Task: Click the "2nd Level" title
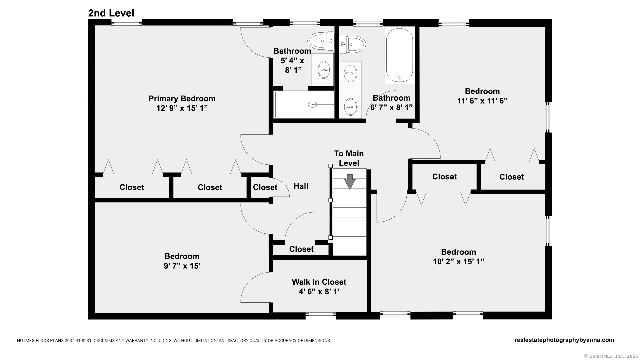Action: coord(111,13)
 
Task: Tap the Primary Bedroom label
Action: coord(182,99)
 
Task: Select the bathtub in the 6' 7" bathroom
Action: coord(399,55)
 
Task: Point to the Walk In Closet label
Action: coord(319,282)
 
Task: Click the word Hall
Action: coord(301,186)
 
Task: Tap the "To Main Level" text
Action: coord(349,158)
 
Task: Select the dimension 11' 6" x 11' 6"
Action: coord(482,101)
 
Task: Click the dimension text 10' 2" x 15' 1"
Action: coord(458,262)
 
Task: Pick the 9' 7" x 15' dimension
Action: coord(182,266)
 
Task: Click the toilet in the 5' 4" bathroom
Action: coord(320,41)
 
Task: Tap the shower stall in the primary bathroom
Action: coord(304,105)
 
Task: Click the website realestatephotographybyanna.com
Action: coord(564,340)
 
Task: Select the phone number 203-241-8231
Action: coord(78,341)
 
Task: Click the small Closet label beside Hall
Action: coord(265,187)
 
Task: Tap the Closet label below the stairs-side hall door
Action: coord(301,249)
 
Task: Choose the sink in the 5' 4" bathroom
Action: coord(323,70)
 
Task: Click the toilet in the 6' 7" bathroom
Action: coord(353,44)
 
